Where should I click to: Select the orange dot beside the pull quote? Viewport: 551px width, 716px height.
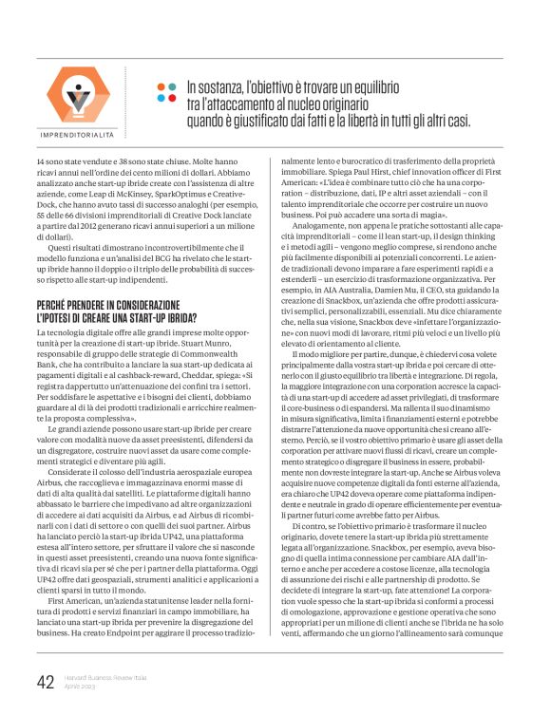tap(161, 86)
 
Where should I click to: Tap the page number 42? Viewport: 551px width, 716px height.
tap(45, 683)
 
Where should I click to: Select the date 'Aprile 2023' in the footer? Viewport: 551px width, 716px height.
tap(81, 688)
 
